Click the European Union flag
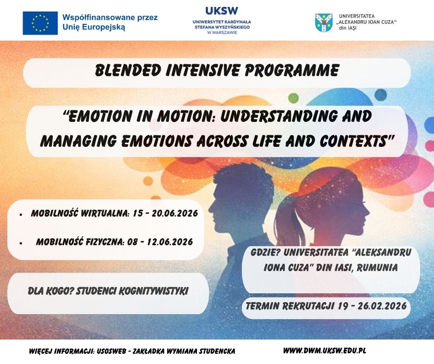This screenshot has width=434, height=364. pyautogui.click(x=40, y=23)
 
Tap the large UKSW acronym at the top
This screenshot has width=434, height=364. pyautogui.click(x=222, y=11)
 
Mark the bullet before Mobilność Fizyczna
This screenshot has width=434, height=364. pyautogui.click(x=21, y=243)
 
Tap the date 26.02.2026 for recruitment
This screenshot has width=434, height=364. pyautogui.click(x=382, y=306)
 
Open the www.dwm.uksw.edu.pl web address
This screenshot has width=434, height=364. pyautogui.click(x=325, y=351)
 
